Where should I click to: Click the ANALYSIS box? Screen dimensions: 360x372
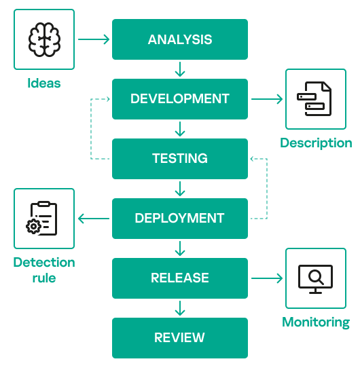pyautogui.click(x=180, y=39)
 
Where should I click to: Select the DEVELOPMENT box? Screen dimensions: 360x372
pyautogui.click(x=180, y=99)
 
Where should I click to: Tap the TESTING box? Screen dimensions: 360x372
pyautogui.click(x=180, y=159)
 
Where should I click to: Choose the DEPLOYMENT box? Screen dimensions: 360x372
pyautogui.click(x=180, y=219)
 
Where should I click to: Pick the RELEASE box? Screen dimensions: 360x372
pyautogui.click(x=180, y=278)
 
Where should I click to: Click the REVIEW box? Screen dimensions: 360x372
pyautogui.click(x=180, y=338)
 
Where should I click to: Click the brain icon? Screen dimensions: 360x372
pyautogui.click(x=44, y=39)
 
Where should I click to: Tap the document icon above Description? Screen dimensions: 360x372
pyautogui.click(x=314, y=98)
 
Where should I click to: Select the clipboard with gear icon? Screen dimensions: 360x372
pyautogui.click(x=41, y=219)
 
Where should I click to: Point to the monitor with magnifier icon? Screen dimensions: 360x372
pyautogui.click(x=315, y=279)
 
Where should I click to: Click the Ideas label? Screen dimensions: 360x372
pyautogui.click(x=44, y=83)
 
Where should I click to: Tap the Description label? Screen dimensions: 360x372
pyautogui.click(x=316, y=143)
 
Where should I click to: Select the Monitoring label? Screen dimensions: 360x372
pyautogui.click(x=316, y=322)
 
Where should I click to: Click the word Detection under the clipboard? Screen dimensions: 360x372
pyautogui.click(x=44, y=263)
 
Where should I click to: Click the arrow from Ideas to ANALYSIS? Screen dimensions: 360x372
pyautogui.click(x=94, y=39)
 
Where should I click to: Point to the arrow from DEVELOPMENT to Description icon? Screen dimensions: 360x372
pyautogui.click(x=267, y=99)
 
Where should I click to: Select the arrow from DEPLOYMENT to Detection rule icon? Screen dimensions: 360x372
pyautogui.click(x=94, y=219)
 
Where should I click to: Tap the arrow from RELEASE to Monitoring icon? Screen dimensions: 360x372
pyautogui.click(x=267, y=278)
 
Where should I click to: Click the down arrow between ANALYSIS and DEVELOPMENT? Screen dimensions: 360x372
pyautogui.click(x=180, y=69)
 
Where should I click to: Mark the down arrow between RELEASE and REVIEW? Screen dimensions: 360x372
pyautogui.click(x=180, y=308)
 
